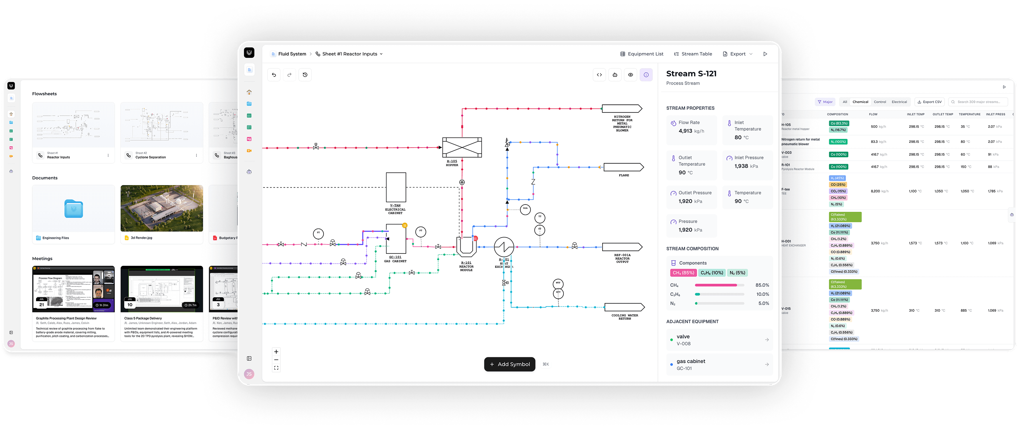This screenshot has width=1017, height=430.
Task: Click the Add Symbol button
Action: click(509, 364)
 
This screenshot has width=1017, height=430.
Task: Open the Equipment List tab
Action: click(641, 54)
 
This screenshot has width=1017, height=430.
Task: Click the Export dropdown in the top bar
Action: click(738, 54)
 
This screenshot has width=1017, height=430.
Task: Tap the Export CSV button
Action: click(930, 102)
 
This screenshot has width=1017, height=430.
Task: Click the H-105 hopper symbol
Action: click(462, 147)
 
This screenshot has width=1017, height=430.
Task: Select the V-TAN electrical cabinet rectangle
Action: click(396, 187)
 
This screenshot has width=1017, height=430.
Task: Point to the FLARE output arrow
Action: click(624, 167)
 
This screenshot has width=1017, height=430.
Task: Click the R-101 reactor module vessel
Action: click(466, 247)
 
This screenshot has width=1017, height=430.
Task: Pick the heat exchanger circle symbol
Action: click(504, 247)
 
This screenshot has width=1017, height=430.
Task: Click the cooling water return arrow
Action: click(624, 307)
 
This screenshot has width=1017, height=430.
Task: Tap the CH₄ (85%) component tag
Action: click(683, 273)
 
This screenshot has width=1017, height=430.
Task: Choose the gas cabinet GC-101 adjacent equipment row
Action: click(719, 364)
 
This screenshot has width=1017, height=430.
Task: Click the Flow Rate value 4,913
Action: click(685, 131)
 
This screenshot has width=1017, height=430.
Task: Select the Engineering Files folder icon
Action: click(74, 209)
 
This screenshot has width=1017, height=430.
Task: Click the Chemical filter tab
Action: click(860, 102)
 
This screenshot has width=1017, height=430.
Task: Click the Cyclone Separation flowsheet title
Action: click(151, 157)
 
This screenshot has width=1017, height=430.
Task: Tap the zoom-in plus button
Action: click(276, 352)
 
